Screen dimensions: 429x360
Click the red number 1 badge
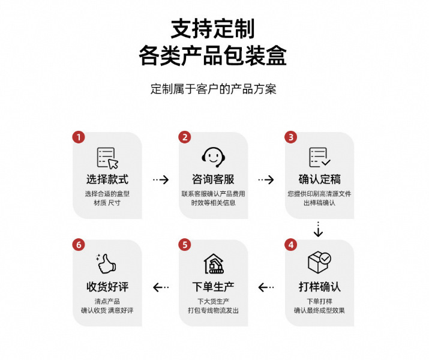point(79,137)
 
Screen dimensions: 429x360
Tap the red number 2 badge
point(185,137)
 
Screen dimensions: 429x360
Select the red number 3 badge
point(290,137)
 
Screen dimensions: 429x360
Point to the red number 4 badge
point(290,245)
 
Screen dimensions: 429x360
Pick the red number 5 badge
point(185,245)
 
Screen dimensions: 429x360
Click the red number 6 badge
point(79,245)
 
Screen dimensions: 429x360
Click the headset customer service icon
point(213,157)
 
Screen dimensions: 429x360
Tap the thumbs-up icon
point(107,264)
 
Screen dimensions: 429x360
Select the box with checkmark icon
point(319,262)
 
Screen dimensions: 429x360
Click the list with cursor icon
point(107,157)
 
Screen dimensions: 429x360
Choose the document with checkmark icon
point(319,157)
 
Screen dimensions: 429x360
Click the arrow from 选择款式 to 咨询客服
point(160,179)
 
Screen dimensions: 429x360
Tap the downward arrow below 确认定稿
point(319,229)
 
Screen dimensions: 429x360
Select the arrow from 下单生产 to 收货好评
point(160,287)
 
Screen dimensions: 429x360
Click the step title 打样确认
point(319,286)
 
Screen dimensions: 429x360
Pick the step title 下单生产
point(213,286)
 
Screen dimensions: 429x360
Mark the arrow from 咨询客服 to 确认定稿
point(266,179)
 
